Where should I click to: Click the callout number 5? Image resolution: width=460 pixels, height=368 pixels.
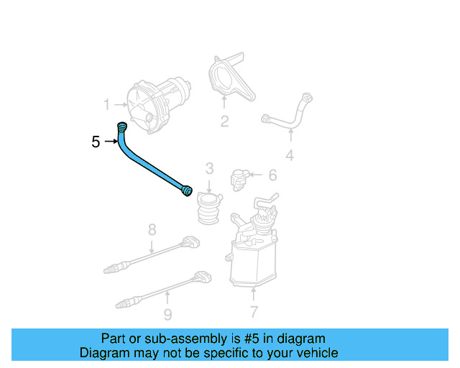click(96, 142)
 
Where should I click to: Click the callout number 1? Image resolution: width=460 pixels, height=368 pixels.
click(106, 105)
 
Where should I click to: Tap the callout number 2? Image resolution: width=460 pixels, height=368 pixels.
click(224, 121)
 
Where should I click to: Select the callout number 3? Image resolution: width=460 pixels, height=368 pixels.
click(209, 169)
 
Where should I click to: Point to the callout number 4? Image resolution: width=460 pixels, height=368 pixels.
click(290, 155)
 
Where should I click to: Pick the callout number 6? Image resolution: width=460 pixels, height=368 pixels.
click(272, 175)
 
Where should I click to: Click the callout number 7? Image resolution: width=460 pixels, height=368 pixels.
click(253, 312)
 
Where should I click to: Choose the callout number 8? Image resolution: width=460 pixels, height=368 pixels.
click(152, 230)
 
